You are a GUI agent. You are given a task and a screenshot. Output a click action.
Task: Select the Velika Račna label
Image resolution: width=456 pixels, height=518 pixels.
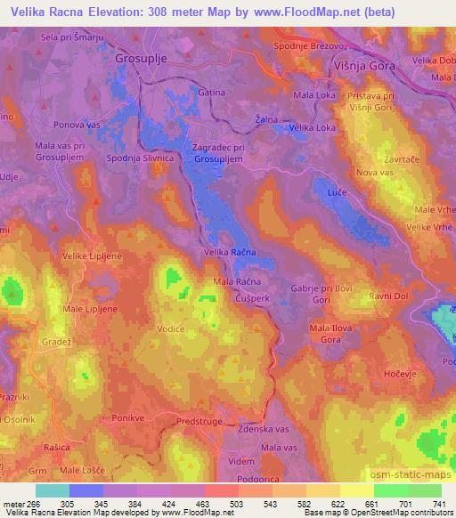pos(230,253)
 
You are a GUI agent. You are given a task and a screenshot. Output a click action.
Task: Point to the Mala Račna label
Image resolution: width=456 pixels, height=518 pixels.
pos(235,282)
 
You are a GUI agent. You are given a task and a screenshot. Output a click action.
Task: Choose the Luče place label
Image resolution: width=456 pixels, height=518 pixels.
pos(338,167)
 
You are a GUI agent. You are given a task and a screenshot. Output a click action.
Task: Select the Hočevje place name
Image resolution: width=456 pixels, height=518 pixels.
pos(399,377)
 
